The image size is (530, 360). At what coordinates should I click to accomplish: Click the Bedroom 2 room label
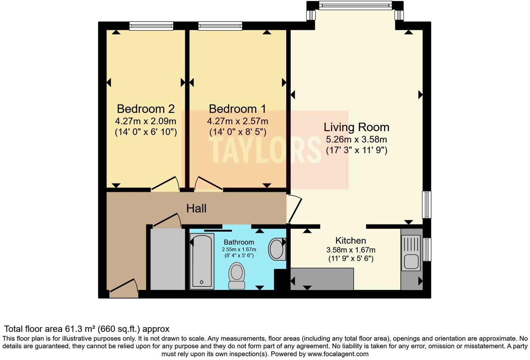[x=145, y=109]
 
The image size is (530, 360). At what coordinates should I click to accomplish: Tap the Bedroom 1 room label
[x=237, y=109]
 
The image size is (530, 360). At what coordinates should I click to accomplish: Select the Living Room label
[x=356, y=127]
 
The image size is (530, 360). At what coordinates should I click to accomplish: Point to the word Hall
[x=196, y=209]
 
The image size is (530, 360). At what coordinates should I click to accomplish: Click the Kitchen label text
[x=350, y=240]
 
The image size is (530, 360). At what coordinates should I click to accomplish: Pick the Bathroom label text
[x=239, y=242]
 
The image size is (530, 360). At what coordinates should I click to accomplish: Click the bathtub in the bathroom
[x=202, y=261]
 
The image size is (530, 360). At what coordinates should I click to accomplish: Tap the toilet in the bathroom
[x=237, y=276]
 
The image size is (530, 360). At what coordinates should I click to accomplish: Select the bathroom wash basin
[x=277, y=249]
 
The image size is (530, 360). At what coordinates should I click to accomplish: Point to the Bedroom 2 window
[x=151, y=25]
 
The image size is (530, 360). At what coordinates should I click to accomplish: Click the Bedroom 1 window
[x=220, y=25]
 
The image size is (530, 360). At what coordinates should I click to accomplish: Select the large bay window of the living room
[x=355, y=5]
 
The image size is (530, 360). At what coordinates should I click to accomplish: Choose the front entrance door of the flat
[x=124, y=287]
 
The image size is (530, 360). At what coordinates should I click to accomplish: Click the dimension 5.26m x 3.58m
[x=356, y=140]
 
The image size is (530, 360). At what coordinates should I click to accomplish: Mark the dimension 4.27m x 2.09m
[x=145, y=121]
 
